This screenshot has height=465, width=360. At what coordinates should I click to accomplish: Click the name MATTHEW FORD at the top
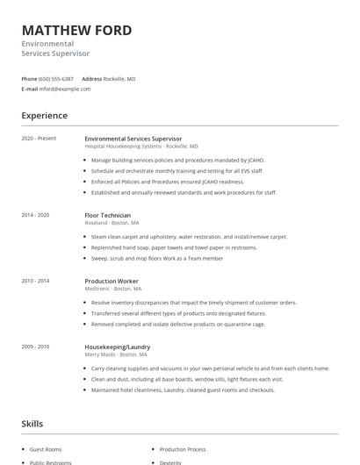pyautogui.click(x=77, y=31)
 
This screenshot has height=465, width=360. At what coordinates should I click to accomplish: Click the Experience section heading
pyautogui.click(x=45, y=115)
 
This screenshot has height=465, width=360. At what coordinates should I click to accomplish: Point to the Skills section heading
pyautogui.click(x=32, y=424)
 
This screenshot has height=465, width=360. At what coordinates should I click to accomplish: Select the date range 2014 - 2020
pyautogui.click(x=35, y=215)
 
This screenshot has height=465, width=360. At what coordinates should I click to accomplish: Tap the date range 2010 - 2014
pyautogui.click(x=35, y=281)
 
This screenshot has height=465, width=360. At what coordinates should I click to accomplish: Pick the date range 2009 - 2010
pyautogui.click(x=35, y=347)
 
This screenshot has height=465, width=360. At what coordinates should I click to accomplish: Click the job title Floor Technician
pyautogui.click(x=108, y=215)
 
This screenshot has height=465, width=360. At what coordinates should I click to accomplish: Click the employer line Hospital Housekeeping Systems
pyautogui.click(x=140, y=147)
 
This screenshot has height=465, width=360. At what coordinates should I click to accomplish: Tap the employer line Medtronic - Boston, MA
pyautogui.click(x=113, y=289)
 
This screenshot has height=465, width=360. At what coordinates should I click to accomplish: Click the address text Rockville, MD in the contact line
pyautogui.click(x=119, y=78)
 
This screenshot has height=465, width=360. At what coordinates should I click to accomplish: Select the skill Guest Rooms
pyautogui.click(x=45, y=447)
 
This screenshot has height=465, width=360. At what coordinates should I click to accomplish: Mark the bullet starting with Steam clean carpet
pyautogui.click(x=189, y=237)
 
